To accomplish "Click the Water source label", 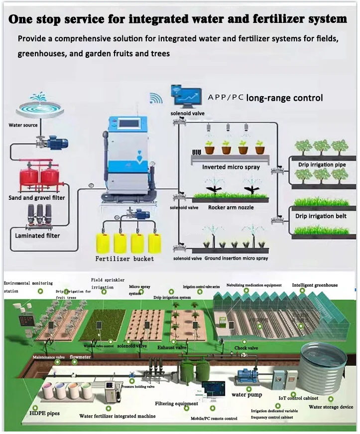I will [x=23, y=125].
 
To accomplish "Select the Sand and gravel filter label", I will [x=37, y=198].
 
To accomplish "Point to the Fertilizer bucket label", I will [x=124, y=259].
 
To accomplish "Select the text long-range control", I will [x=285, y=98].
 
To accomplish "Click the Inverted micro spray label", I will [x=231, y=167].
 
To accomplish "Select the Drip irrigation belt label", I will [x=321, y=216].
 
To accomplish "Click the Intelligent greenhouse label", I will [x=315, y=285].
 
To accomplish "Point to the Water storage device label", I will [x=331, y=407].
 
